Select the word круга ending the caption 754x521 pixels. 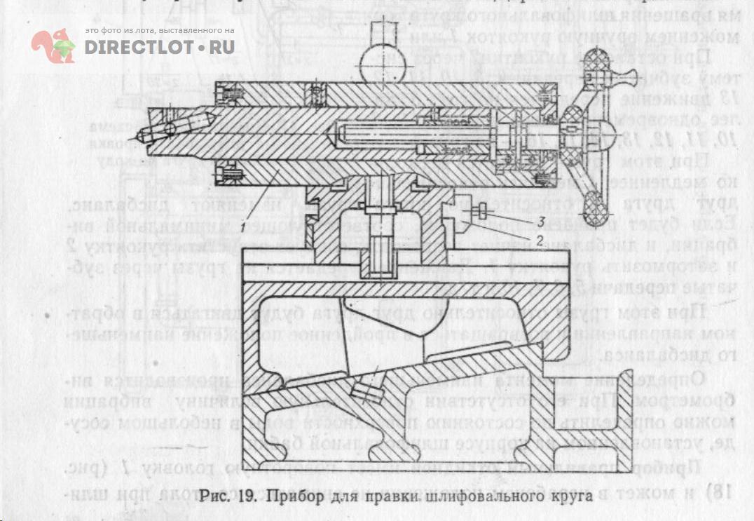click(x=567, y=496)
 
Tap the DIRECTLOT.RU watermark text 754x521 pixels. click(x=160, y=47)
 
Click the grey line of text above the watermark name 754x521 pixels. click(x=159, y=32)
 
